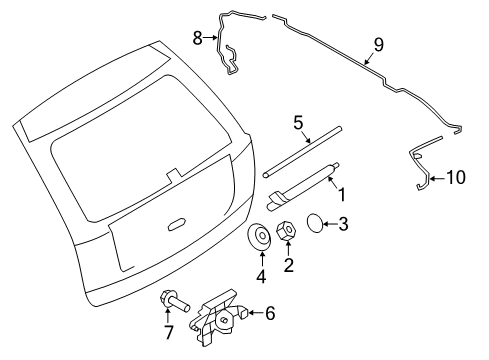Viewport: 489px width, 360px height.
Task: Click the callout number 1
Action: pyautogui.click(x=342, y=195)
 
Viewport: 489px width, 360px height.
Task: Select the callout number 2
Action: pyautogui.click(x=289, y=265)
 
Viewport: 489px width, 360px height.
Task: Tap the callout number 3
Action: pyautogui.click(x=343, y=224)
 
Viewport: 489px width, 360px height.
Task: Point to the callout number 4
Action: pyautogui.click(x=261, y=276)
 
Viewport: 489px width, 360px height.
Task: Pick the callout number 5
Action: pyautogui.click(x=299, y=123)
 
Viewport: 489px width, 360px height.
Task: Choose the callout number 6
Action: pyautogui.click(x=270, y=313)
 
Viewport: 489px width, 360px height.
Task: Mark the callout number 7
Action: pyautogui.click(x=169, y=332)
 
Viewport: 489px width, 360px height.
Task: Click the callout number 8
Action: pyautogui.click(x=198, y=38)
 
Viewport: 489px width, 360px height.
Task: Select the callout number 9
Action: pyautogui.click(x=379, y=45)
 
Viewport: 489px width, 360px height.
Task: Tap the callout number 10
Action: pyautogui.click(x=456, y=177)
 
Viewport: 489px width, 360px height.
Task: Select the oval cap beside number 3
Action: pyautogui.click(x=315, y=222)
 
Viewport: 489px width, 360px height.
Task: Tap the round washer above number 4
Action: pyautogui.click(x=260, y=236)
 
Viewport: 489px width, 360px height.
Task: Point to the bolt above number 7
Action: pyautogui.click(x=175, y=301)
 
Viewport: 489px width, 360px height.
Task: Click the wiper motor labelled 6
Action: pyautogui.click(x=218, y=317)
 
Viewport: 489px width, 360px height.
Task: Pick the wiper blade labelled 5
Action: pyautogui.click(x=302, y=152)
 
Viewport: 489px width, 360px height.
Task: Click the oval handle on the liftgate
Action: pyautogui.click(x=176, y=224)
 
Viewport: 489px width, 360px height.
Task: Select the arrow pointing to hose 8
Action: pyautogui.click(x=211, y=38)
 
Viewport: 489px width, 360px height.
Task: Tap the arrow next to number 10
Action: pyautogui.click(x=437, y=179)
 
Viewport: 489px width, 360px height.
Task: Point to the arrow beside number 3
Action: pyautogui.click(x=330, y=224)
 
